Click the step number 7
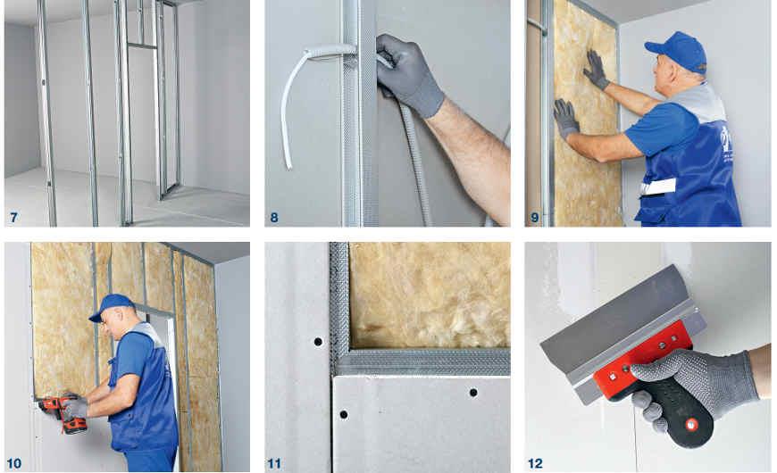(x=13, y=218)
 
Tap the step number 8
(x=274, y=218)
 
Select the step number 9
(x=535, y=218)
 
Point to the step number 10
(x=14, y=463)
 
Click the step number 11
(x=274, y=463)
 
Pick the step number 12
(x=535, y=463)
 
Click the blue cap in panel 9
(x=678, y=52)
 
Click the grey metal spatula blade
(x=614, y=323)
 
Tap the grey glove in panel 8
(x=408, y=74)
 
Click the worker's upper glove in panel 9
(x=597, y=70)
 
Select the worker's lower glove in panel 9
(x=566, y=118)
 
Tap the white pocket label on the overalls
(x=658, y=187)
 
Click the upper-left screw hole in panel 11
(x=318, y=342)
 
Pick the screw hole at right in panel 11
(x=473, y=393)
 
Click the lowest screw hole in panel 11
(x=344, y=414)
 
